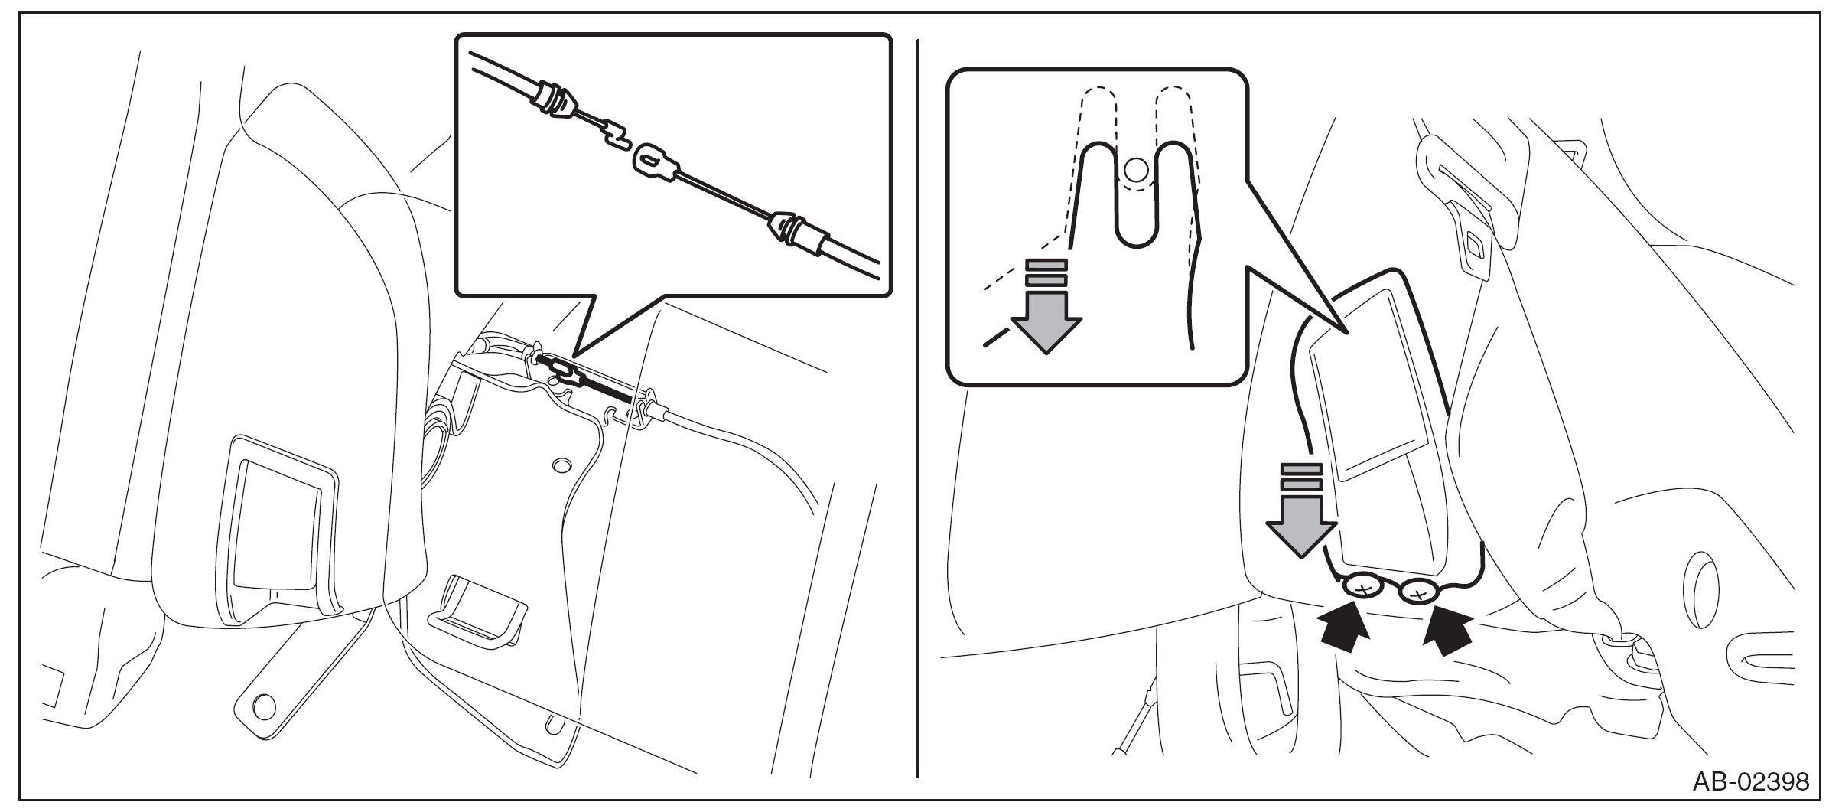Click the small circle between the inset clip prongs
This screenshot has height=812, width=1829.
[x=1137, y=168]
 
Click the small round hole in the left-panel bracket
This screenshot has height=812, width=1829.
[x=562, y=465]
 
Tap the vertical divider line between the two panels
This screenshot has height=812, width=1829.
[x=917, y=406]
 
